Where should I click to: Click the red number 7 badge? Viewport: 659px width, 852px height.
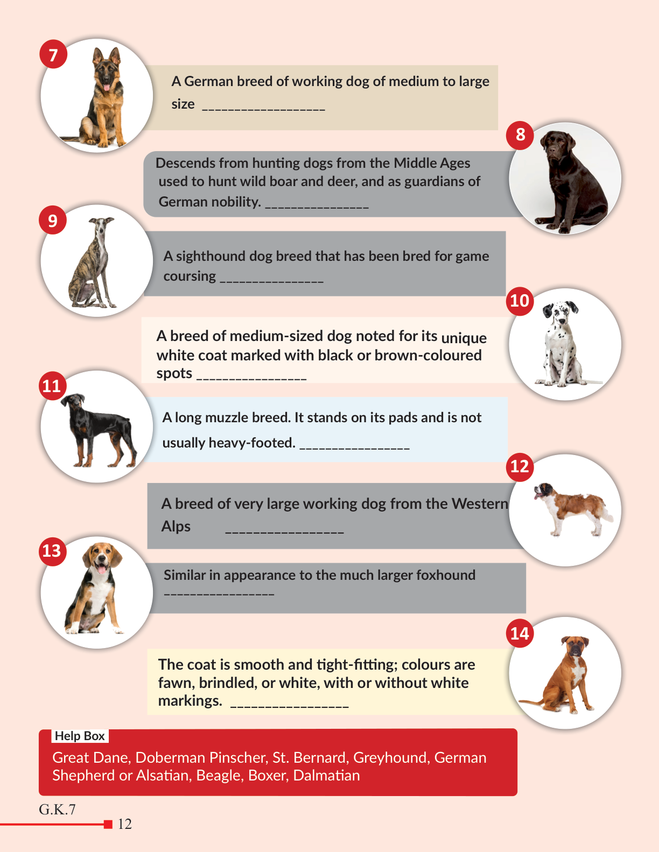coord(53,54)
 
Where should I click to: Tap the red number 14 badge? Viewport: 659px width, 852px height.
coord(520,633)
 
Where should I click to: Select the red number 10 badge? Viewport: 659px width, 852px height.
coord(520,301)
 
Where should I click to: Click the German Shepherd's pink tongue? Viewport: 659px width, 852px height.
coord(106,87)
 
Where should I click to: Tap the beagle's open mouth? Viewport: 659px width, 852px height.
coord(101,568)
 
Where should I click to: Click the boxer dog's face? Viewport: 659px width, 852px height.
coord(576,647)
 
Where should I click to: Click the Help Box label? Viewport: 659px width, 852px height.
coord(80,736)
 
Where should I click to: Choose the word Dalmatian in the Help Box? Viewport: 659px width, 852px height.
coord(327,776)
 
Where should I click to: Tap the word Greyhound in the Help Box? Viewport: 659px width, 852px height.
coord(390,758)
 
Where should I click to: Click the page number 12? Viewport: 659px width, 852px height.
coord(125,824)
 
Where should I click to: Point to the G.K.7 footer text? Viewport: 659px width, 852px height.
coord(57,810)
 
